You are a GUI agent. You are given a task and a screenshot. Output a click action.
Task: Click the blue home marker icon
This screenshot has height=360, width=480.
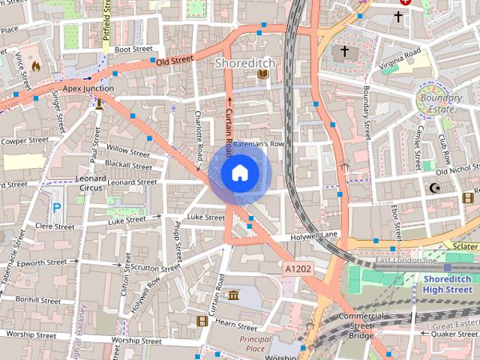tap(238, 173)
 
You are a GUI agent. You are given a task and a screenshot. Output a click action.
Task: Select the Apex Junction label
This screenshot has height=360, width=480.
tap(88, 88)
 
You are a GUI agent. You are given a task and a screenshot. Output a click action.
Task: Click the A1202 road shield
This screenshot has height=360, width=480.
tap(297, 268)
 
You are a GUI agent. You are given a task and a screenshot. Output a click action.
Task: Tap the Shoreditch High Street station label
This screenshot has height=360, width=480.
tap(447, 284)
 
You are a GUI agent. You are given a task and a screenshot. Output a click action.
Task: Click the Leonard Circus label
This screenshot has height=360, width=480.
tap(91, 183)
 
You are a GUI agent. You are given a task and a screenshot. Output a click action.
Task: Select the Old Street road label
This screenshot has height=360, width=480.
tap(174, 60)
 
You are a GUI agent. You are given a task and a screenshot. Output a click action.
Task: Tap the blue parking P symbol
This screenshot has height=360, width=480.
tap(56, 208)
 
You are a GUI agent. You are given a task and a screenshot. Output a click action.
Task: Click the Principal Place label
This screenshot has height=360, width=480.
tap(256, 343)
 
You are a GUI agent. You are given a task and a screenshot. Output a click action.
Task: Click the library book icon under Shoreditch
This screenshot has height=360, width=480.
tap(262, 74)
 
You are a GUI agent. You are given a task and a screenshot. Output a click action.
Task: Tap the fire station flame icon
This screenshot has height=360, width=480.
tap(35, 66)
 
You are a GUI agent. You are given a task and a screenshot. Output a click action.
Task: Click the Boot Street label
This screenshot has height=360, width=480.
tap(133, 49)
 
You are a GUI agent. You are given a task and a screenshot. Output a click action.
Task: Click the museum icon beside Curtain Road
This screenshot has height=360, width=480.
tap(234, 295)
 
